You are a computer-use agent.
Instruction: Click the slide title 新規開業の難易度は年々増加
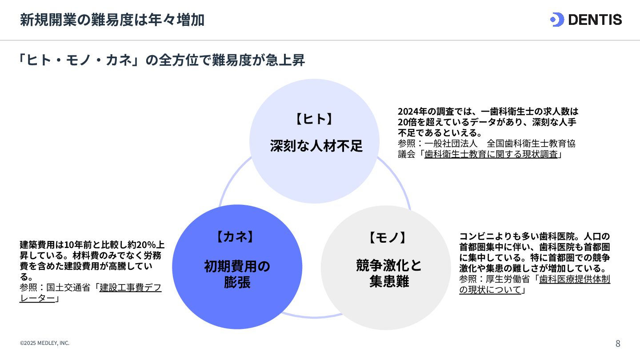(x=112, y=20)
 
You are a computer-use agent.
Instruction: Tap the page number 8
(x=618, y=344)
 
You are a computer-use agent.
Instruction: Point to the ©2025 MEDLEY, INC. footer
(x=44, y=343)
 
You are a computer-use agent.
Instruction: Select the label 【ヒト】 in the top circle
(x=314, y=119)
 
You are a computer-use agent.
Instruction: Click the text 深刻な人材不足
(x=316, y=146)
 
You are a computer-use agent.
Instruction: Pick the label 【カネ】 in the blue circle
(x=235, y=237)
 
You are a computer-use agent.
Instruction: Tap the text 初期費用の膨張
(x=237, y=274)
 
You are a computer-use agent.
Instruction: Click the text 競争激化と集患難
(x=389, y=273)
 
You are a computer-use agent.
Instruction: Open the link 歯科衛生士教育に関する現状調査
(x=491, y=155)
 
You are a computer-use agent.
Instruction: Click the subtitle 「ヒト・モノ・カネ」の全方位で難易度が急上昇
(x=162, y=60)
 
